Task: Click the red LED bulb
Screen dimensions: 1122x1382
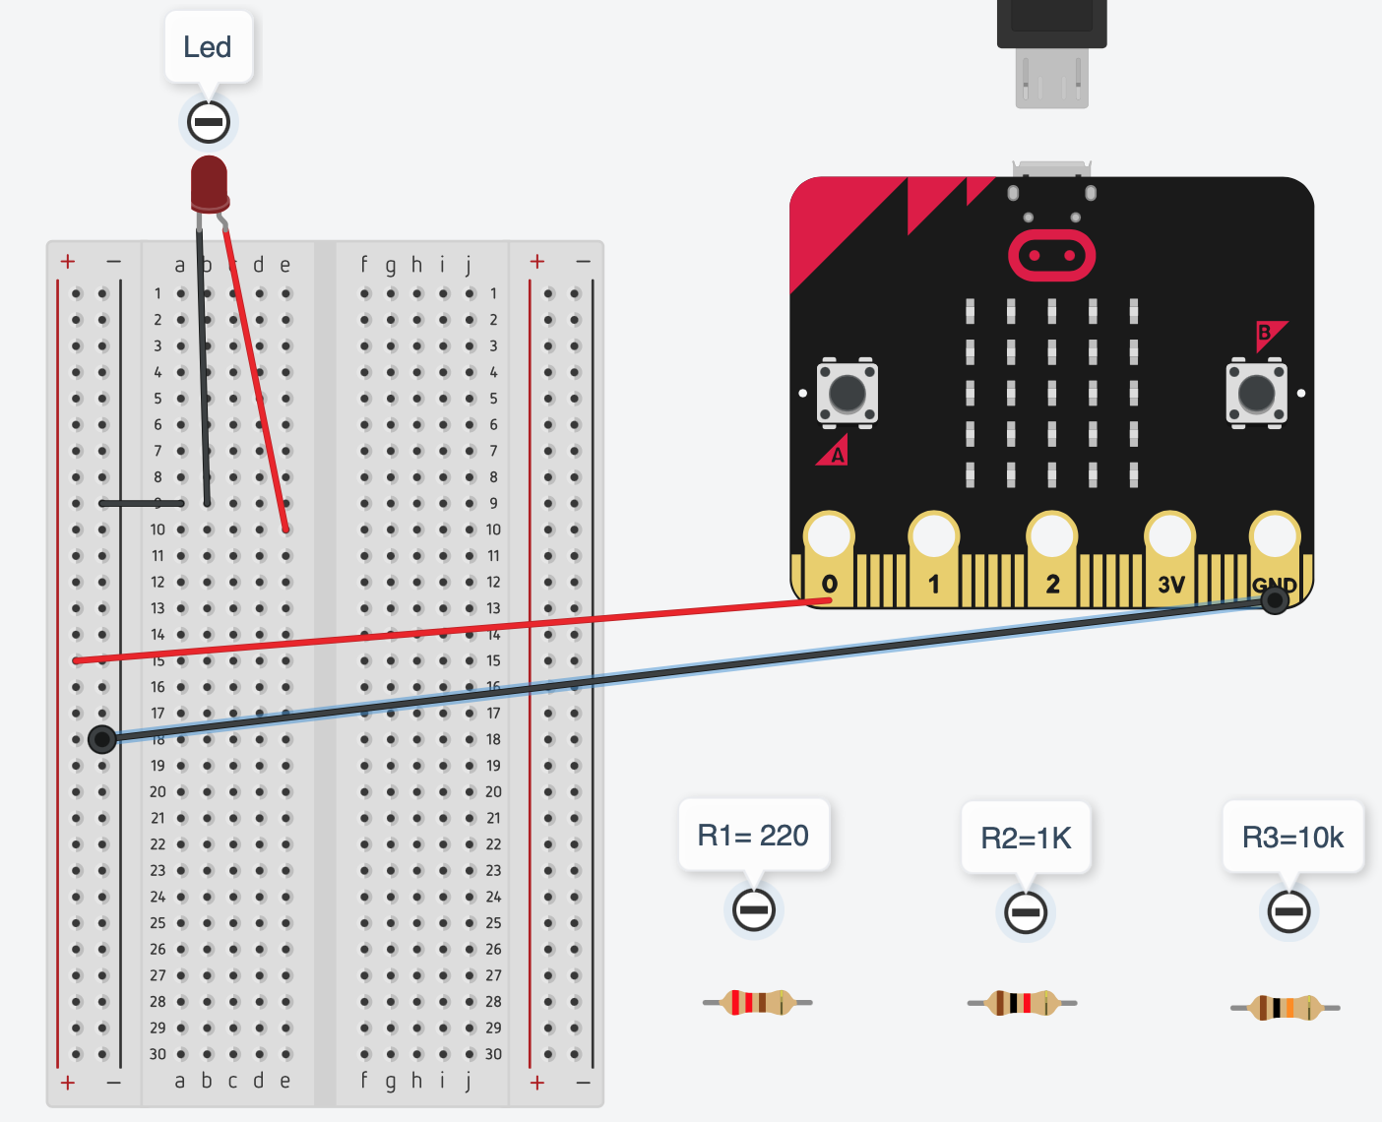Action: tap(209, 182)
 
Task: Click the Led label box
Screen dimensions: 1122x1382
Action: tap(208, 47)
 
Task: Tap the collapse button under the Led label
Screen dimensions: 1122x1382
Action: tap(209, 122)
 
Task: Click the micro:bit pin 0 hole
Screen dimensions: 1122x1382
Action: tap(829, 537)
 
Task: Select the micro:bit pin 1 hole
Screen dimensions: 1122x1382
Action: tap(933, 537)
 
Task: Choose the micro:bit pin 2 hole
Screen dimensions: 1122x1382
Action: tap(1051, 537)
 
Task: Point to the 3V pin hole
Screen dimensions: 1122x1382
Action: tap(1169, 537)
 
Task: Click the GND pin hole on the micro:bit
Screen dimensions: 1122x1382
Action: tap(1275, 537)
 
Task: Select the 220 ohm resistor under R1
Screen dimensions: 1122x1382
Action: tap(757, 1002)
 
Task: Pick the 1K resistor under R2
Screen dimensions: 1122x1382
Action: tap(1022, 1003)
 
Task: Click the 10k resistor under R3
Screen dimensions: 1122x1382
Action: tap(1285, 1008)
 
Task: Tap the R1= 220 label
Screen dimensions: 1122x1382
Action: tap(753, 836)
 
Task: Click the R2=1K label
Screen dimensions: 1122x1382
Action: tap(1026, 838)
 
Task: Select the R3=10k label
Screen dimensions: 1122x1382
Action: tap(1292, 837)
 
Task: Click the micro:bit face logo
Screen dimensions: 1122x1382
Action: tap(1051, 256)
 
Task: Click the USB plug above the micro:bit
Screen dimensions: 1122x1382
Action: tap(1051, 49)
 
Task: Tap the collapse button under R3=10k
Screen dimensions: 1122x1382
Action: tap(1288, 911)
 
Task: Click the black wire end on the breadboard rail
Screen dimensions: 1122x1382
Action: tap(102, 739)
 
